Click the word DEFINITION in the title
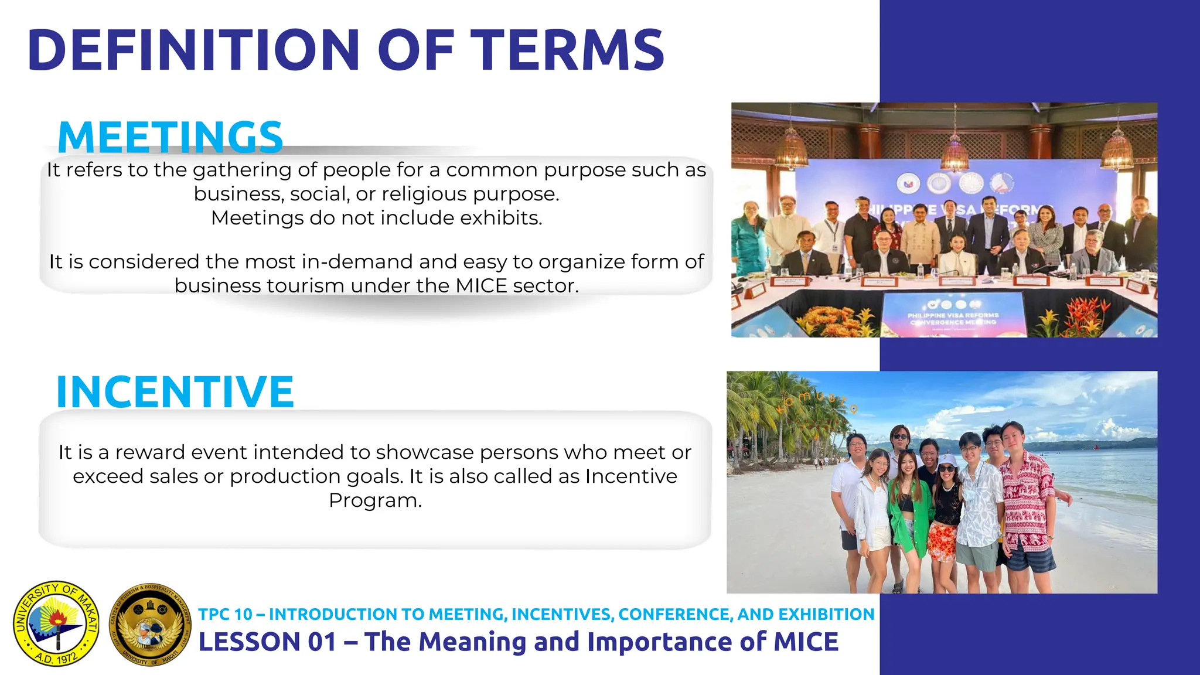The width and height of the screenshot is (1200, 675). pos(193,50)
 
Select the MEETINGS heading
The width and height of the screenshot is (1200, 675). pos(170,137)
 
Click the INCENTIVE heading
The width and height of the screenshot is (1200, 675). pos(175,391)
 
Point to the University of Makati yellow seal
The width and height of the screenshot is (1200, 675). pos(56,623)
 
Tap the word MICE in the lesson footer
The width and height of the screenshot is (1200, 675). pos(806,642)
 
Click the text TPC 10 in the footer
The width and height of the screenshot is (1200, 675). pos(225,614)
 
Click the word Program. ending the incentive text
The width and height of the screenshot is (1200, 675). pos(375,500)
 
